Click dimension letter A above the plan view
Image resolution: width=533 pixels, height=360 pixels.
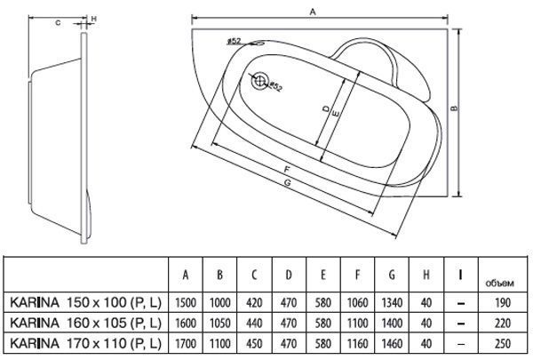coord(313,12)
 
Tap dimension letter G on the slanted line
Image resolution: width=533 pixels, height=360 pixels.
coord(288,183)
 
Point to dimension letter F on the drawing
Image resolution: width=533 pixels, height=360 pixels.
coord(287,169)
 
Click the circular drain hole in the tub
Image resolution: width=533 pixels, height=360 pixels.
coord(259,81)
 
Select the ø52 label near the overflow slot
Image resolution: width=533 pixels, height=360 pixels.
coord(234,41)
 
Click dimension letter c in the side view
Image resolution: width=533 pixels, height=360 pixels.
coord(58,23)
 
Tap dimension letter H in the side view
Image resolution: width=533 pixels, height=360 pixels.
coord(94,20)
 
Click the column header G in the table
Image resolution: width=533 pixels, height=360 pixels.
coord(392,275)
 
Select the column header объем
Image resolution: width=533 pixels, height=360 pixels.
coord(499,283)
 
